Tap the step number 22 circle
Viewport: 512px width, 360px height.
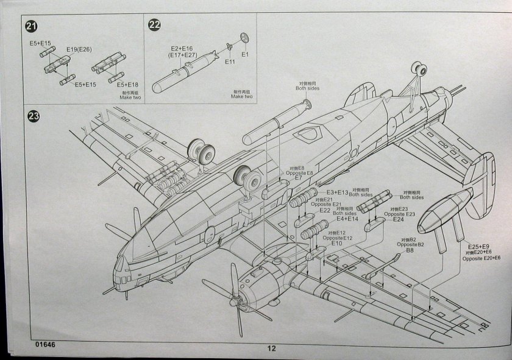(x=155, y=25)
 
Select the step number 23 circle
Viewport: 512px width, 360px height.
(x=31, y=116)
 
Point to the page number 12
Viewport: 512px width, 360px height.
(x=271, y=349)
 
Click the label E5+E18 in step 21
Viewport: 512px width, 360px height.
(x=127, y=84)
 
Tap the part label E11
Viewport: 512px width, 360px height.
(x=230, y=62)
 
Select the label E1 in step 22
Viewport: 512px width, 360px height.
(x=246, y=54)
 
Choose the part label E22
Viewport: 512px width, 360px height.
(x=324, y=210)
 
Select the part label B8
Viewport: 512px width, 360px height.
(x=410, y=250)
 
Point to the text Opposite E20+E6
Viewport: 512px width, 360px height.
(x=481, y=259)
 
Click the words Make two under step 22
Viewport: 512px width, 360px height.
(x=241, y=96)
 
